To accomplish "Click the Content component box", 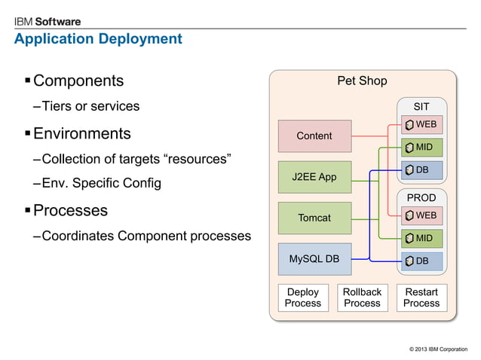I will coord(314,136).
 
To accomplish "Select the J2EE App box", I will coord(314,177).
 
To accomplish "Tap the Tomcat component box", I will coord(314,218).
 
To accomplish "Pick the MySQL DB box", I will coord(314,259).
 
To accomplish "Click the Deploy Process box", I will coord(303,297).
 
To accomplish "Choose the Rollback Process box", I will coord(362,297).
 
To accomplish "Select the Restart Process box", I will coord(421,297).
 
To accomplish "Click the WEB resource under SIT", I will coord(421,124).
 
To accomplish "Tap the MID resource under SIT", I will coord(421,147).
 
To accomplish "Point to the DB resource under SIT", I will coord(421,170).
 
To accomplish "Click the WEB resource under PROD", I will coord(421,215).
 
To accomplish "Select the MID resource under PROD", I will coord(421,239).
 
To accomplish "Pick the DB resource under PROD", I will coord(421,261).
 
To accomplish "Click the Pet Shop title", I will coord(362,81).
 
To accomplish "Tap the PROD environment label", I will coord(421,197).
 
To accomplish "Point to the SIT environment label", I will coord(421,106).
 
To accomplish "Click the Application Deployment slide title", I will coord(98,38).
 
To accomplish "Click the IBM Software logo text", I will coord(47,22).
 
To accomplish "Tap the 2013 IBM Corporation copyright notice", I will coord(437,349).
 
